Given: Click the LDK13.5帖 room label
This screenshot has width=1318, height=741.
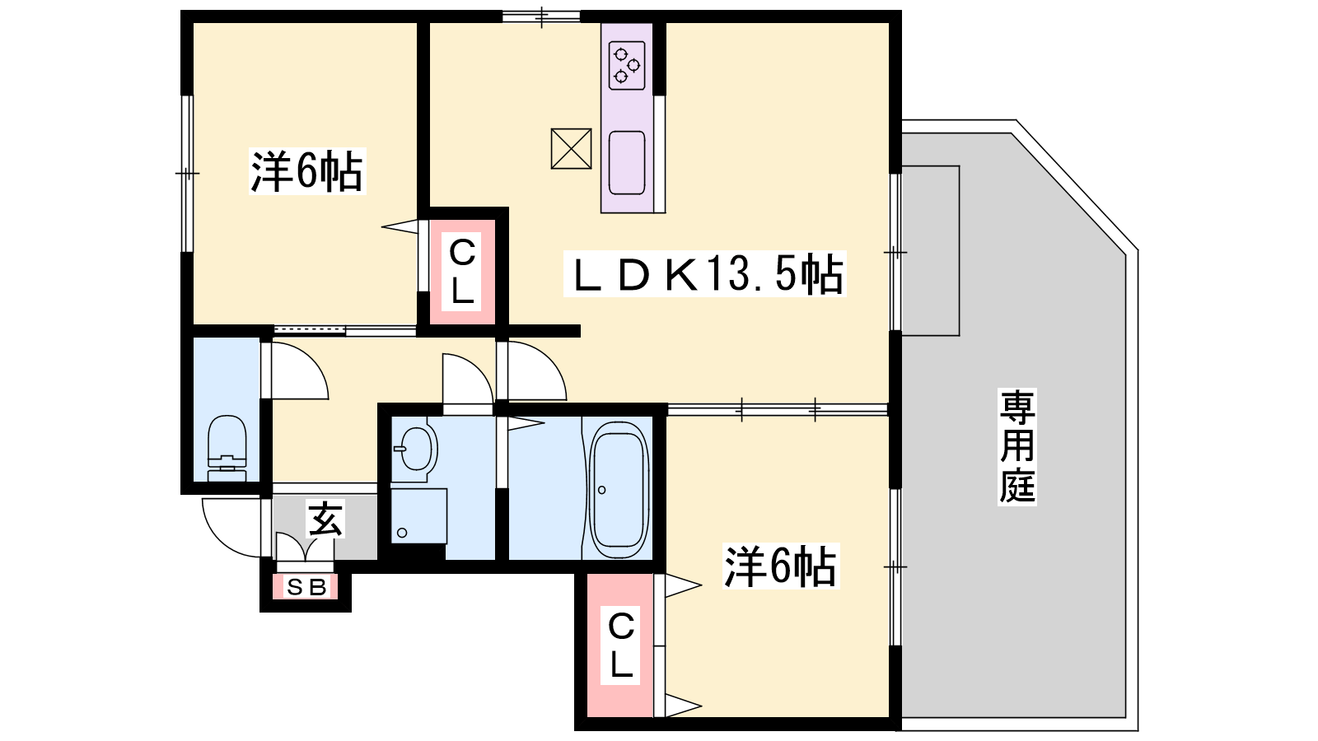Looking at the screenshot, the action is click(705, 273).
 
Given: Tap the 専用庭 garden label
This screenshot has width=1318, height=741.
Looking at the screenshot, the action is click(1017, 447).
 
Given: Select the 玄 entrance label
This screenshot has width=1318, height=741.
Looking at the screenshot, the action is click(325, 519).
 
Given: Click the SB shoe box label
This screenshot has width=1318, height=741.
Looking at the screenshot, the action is click(306, 587).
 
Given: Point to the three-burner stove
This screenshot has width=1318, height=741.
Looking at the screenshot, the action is click(627, 65).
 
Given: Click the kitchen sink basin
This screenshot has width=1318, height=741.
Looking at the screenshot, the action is click(627, 163).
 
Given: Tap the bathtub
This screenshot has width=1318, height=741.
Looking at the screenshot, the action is click(619, 490).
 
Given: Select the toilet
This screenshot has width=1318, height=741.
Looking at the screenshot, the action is click(227, 448).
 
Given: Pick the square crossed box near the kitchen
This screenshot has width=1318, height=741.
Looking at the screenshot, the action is click(571, 149).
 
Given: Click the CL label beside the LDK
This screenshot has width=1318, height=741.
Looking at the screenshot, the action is click(462, 271).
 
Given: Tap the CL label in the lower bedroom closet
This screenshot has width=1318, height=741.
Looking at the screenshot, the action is click(621, 644).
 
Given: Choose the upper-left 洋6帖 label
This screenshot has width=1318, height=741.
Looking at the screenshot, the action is click(306, 171).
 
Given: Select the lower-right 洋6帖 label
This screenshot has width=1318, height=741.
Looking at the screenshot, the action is click(780, 566).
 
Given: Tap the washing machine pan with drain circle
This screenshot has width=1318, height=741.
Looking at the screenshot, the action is click(419, 515).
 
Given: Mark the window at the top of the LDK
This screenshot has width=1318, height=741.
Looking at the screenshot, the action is click(541, 16).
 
